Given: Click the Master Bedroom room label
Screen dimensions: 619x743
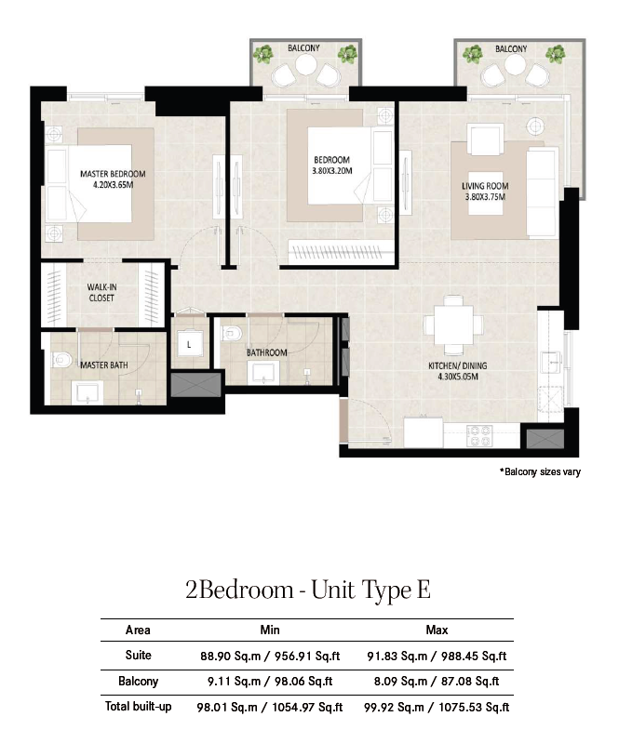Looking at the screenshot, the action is point(113,174).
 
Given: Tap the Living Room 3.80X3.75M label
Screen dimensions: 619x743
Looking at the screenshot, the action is point(485,192).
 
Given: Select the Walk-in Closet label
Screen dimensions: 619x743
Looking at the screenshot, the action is point(101,292).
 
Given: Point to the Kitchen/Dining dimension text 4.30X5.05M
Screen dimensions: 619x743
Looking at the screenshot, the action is point(458,377).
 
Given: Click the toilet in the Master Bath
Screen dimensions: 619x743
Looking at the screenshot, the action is point(62,360).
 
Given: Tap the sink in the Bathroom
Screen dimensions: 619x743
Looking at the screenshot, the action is point(262,373).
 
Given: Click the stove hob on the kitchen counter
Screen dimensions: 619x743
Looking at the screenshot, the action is point(478,436).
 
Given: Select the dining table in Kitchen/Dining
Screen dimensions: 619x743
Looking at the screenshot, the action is point(453,325).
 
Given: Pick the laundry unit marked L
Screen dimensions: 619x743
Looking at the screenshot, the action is point(189,344).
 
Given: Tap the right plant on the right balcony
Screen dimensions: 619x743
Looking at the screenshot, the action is point(555,54).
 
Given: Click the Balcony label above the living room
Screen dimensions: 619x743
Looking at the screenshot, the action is point(511,48).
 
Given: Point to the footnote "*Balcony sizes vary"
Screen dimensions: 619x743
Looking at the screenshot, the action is point(540,471).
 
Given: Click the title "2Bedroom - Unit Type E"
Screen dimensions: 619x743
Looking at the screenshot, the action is point(308,590).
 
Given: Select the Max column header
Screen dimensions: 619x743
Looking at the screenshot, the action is point(437,630).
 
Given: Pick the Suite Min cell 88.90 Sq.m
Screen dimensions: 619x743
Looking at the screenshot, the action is point(231,657).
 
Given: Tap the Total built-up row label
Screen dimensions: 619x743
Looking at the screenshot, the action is point(138,707).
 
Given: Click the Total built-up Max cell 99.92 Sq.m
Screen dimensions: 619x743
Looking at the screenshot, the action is point(394,708).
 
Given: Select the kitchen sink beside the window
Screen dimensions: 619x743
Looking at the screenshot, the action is point(550,362).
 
